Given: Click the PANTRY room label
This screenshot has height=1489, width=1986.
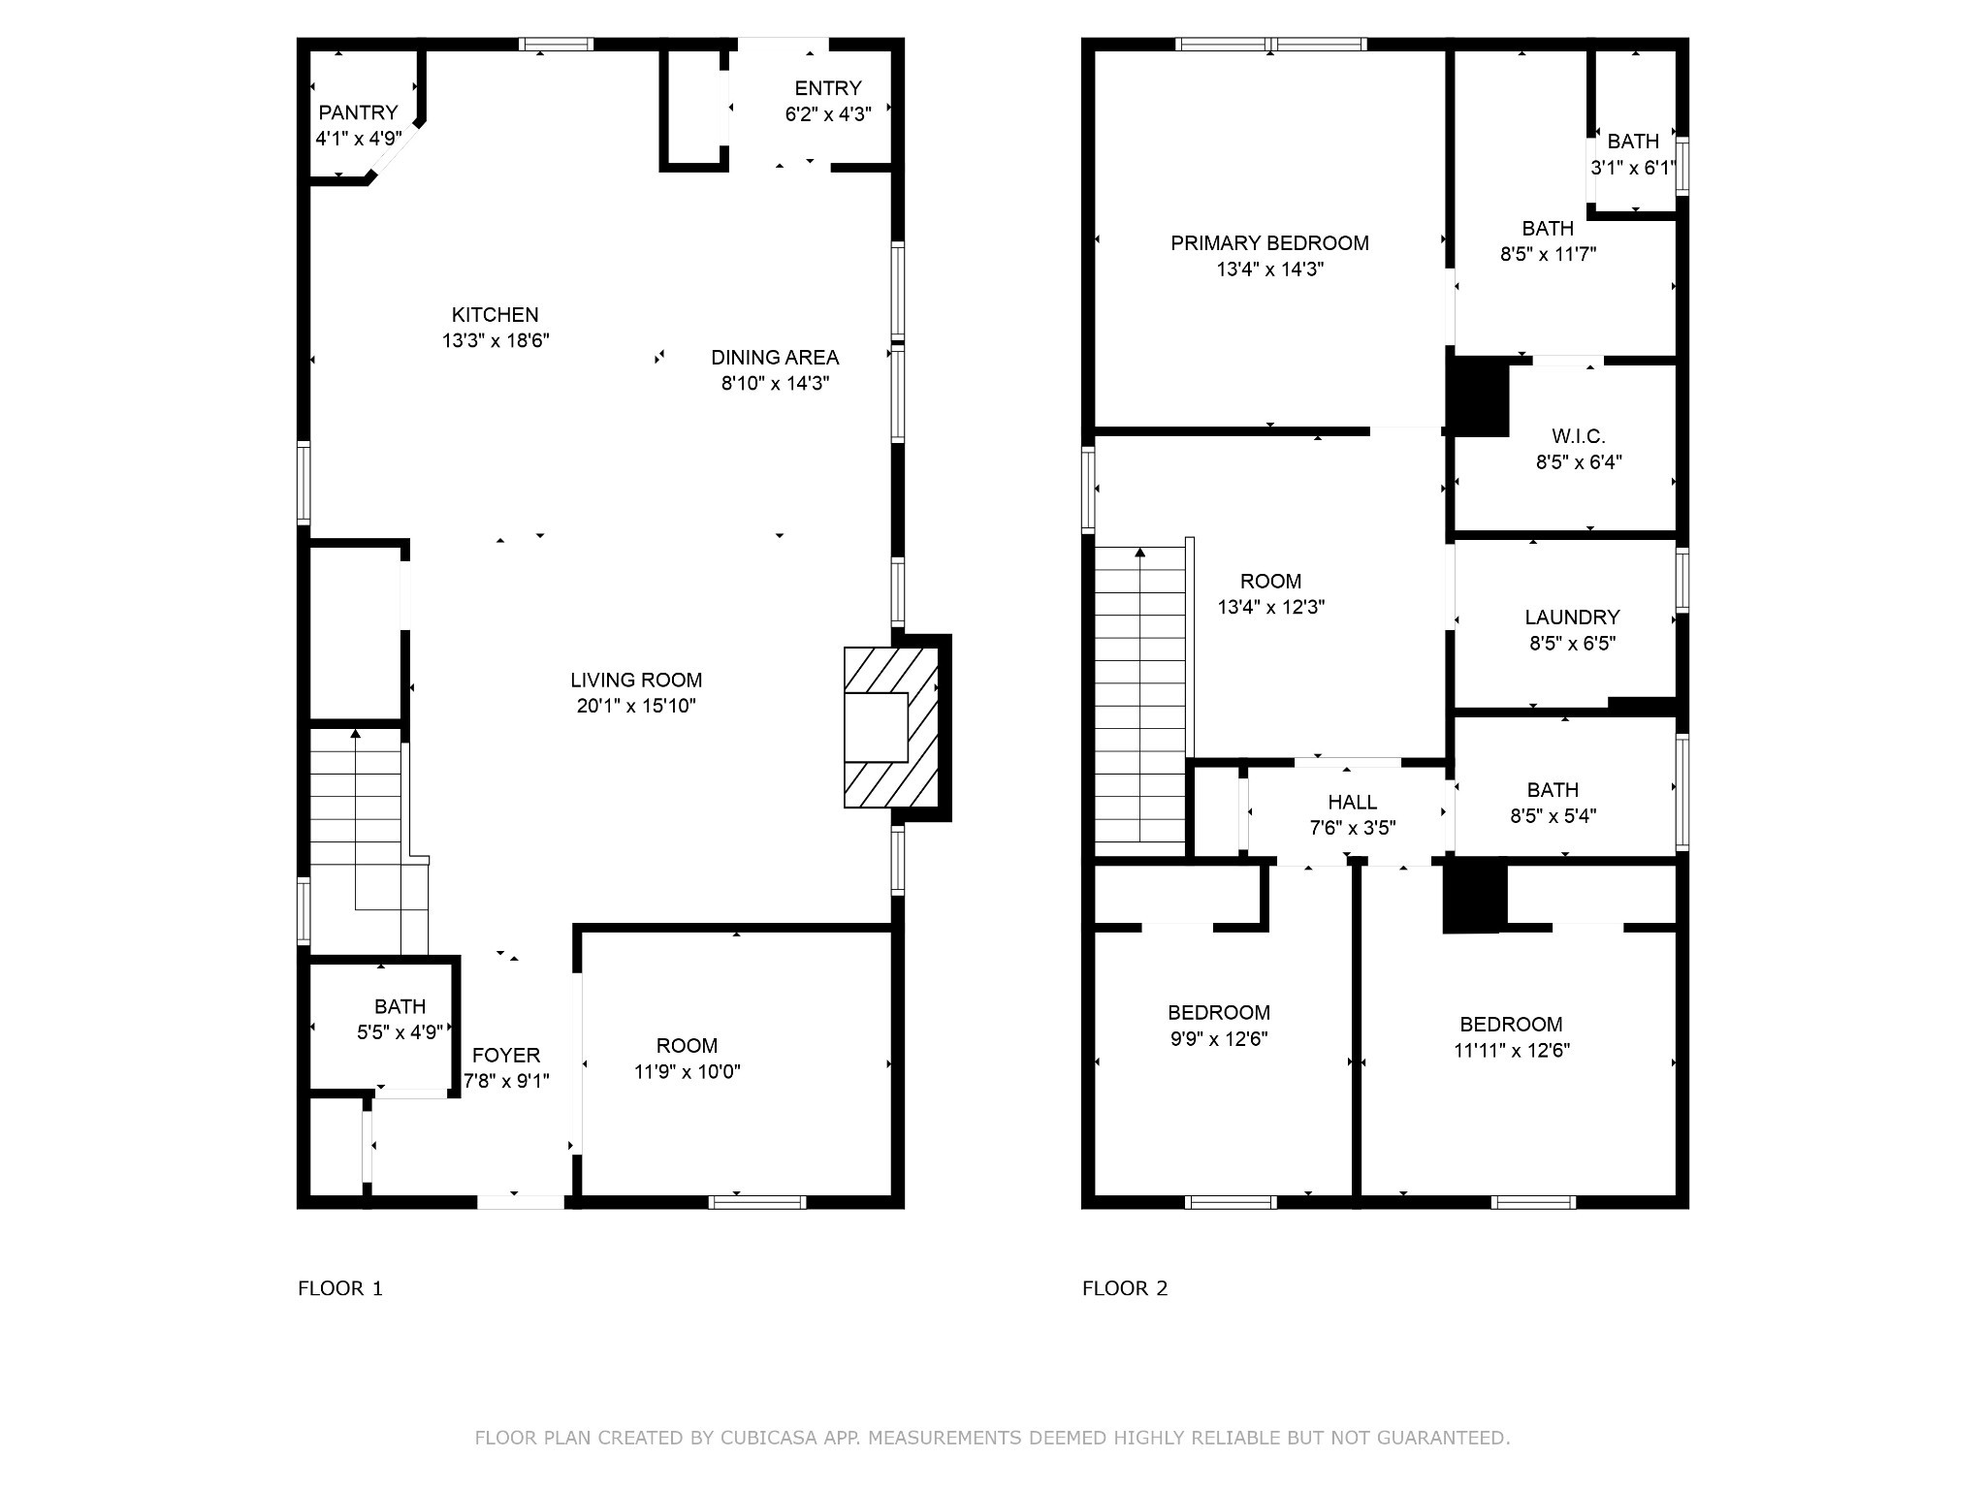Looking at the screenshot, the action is [358, 112].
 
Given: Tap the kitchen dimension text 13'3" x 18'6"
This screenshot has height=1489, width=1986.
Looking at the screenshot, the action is [496, 340].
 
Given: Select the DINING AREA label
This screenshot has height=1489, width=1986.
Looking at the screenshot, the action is [775, 357].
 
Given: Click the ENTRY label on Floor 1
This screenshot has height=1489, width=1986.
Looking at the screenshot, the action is [828, 88].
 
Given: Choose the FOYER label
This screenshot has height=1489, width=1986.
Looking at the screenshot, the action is [506, 1055].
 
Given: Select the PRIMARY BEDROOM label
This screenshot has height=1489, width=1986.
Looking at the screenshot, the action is [1269, 243].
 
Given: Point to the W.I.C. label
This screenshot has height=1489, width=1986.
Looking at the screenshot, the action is [1579, 436].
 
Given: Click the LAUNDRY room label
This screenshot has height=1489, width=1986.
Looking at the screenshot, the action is [1572, 618].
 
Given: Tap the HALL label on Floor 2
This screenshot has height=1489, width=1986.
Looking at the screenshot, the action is [1353, 803].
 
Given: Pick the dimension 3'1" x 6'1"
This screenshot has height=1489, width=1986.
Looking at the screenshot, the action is [1633, 168].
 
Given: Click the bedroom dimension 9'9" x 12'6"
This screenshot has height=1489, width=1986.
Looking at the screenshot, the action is [1219, 1039].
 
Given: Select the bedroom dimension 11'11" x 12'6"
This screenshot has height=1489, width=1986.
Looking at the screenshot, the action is [1512, 1050].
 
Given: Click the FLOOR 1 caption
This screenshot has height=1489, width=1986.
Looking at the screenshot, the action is [340, 1288].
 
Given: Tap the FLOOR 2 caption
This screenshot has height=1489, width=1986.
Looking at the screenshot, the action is [1125, 1288].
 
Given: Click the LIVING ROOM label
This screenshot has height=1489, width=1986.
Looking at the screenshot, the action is [636, 681].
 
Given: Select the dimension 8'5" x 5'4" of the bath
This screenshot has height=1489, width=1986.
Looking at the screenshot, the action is [1554, 816].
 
